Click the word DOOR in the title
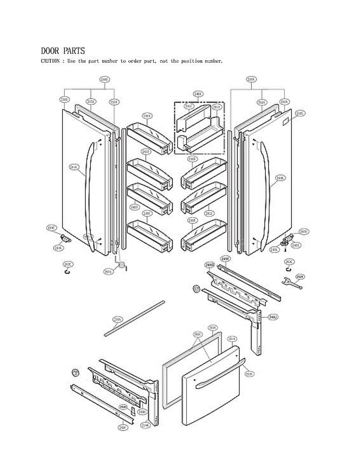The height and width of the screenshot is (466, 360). point(50,51)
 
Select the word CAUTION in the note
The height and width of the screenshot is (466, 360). point(50,61)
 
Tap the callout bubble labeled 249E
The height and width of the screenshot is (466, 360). point(225,259)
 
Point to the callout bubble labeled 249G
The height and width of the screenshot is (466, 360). point(210,265)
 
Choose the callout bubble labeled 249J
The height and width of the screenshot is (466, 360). point(273,317)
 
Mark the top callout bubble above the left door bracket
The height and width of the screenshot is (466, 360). point(104,80)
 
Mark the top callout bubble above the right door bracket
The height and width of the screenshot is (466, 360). point(251,80)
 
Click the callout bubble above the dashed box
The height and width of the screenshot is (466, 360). point(198,94)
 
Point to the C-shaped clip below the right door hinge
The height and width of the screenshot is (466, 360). point(288,269)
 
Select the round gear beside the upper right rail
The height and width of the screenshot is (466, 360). point(196,289)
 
